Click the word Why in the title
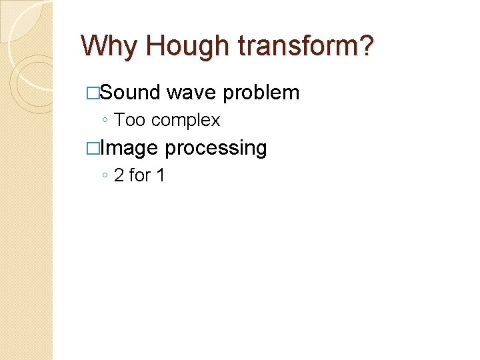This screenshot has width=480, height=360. click(109, 47)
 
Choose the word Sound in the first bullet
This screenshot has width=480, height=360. click(130, 92)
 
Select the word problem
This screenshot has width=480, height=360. click(261, 93)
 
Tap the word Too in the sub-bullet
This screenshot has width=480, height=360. click(129, 120)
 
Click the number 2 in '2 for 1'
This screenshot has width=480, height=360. click(119, 175)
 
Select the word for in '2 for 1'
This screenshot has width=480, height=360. click(139, 175)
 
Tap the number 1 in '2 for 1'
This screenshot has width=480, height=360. click(160, 175)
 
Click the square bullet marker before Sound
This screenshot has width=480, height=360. click(93, 93)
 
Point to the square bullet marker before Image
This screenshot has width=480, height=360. click(93, 148)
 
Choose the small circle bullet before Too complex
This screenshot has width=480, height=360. click(105, 121)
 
